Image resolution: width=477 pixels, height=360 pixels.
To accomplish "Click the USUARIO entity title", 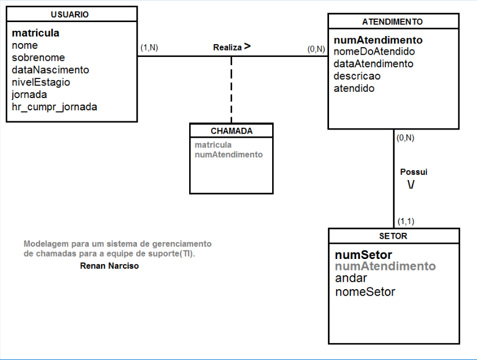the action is [70, 15].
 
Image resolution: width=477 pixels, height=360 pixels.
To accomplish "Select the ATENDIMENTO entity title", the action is [392, 22].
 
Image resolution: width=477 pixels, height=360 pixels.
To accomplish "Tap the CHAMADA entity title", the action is [232, 131].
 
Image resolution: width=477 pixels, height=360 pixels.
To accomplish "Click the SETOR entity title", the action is [393, 236].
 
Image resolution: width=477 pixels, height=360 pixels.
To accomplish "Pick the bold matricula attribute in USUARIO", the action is [35, 33].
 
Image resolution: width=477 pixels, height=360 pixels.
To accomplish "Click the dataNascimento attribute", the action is [50, 70].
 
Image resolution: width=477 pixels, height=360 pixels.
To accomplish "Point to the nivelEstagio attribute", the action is [41, 82].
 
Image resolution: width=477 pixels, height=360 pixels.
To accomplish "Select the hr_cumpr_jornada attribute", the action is [55, 107].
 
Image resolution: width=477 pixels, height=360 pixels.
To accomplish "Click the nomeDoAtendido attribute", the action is [374, 52].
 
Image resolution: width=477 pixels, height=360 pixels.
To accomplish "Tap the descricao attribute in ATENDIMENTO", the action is [357, 76].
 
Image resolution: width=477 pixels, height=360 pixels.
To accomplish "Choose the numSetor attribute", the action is [363, 255].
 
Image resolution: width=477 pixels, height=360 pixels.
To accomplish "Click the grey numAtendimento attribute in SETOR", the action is [385, 267].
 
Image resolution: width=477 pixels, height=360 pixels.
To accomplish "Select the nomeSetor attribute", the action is [365, 292].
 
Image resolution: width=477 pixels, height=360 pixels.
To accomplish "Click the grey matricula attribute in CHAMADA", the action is [213, 145].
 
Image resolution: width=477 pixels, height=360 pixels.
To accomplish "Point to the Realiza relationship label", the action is [227, 48].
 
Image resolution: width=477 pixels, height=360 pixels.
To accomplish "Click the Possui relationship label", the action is [414, 172].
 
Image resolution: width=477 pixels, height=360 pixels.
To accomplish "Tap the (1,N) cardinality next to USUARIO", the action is [149, 48].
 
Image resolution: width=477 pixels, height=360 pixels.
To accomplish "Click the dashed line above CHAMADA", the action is [232, 90].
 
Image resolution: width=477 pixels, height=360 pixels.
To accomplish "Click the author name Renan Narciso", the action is [110, 266].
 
